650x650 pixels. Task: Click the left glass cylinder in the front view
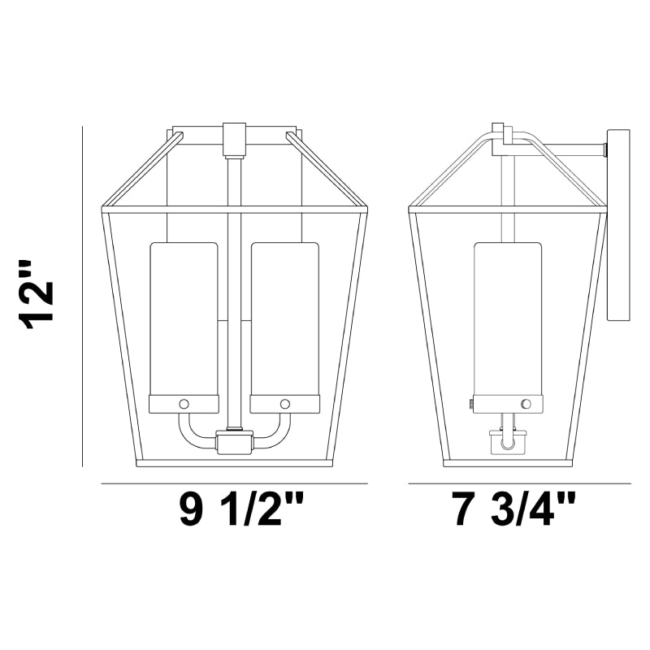tap(184, 318)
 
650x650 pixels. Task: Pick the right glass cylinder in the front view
tap(285, 318)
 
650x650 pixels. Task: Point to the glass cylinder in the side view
tap(509, 318)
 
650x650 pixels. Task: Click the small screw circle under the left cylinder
tap(184, 404)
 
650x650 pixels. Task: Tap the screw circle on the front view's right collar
tap(285, 404)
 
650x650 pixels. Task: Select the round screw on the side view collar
tap(526, 404)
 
